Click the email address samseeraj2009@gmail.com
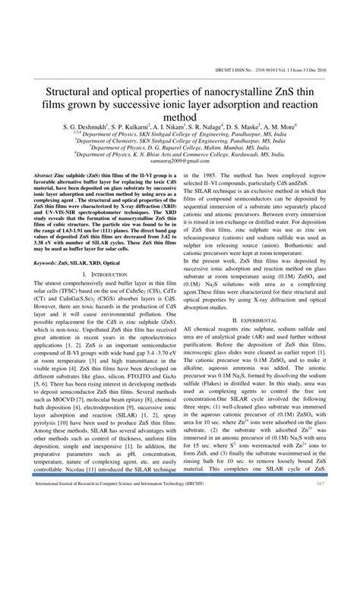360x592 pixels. point(180,162)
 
